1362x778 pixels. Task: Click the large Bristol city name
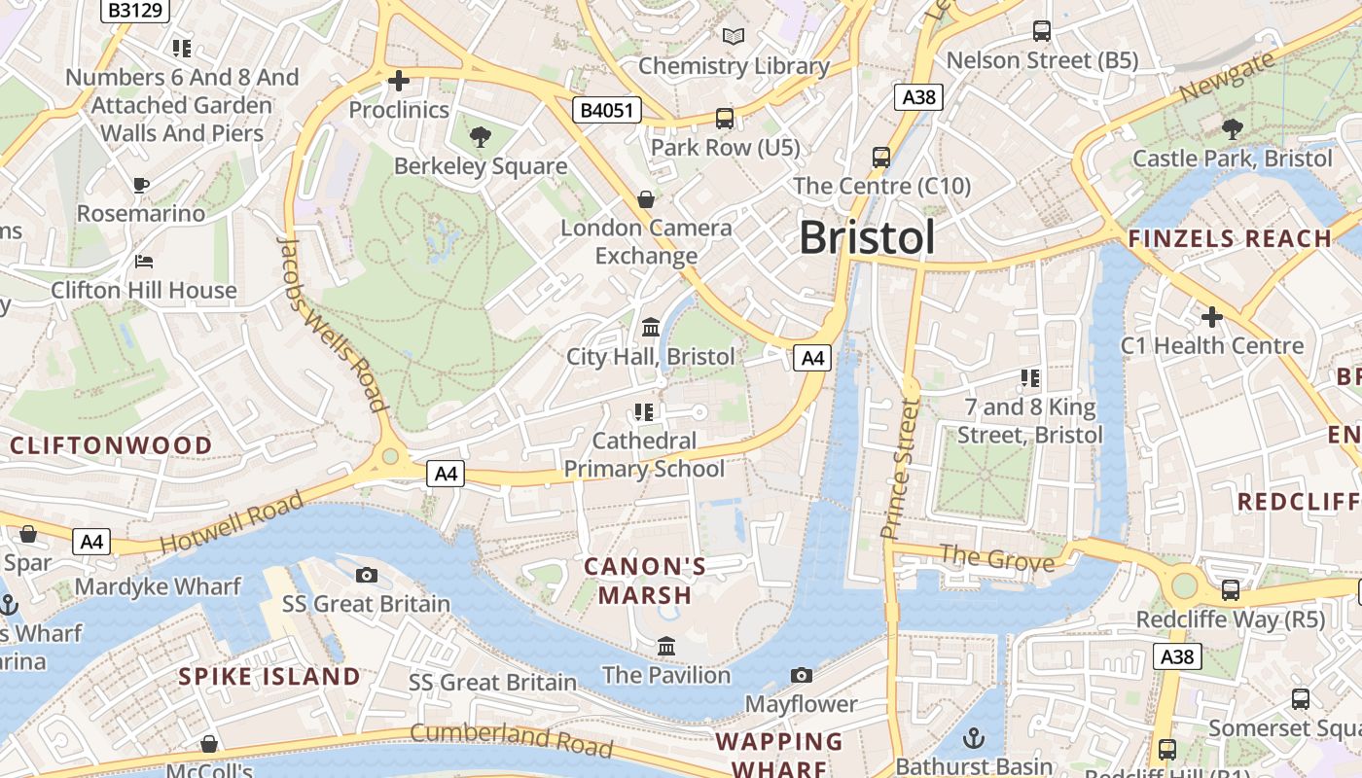pos(867,238)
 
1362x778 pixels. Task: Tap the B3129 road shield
pos(135,10)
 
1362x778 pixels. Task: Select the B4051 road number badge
pos(606,110)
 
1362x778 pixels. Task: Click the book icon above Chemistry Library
pos(733,37)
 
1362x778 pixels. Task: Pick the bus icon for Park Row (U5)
pos(724,119)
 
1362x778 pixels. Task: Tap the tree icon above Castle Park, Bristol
pos(1232,128)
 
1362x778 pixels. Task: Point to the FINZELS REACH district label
pos(1230,238)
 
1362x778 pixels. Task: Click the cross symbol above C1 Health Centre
pos(1211,316)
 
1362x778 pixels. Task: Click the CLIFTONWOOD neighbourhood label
pos(111,445)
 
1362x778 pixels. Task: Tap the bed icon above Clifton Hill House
pos(143,261)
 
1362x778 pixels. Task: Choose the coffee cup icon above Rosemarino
pos(141,184)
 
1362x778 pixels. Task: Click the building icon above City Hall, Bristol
pos(651,327)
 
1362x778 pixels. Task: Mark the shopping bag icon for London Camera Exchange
pos(645,199)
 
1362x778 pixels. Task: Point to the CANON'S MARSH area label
pos(645,581)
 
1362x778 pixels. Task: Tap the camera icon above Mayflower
pos(801,675)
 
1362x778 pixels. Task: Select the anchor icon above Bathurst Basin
pos(974,738)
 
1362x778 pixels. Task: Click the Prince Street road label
pos(900,468)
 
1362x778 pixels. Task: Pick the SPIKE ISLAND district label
pos(269,677)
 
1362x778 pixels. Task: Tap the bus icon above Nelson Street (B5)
pos(1042,31)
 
